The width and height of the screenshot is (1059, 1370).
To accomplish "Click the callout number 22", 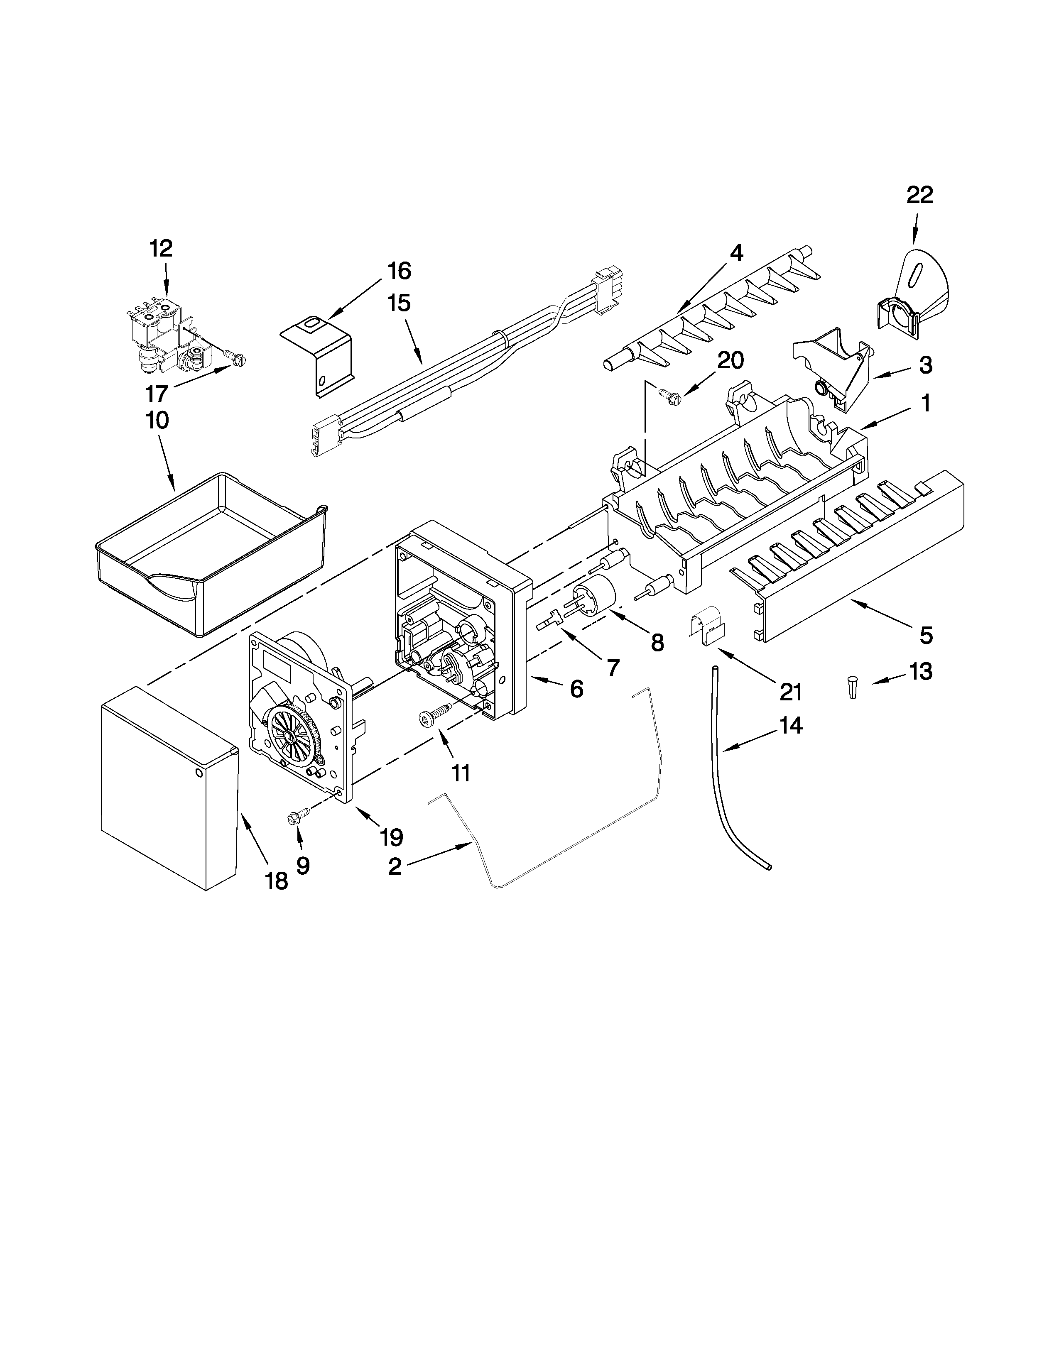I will [x=920, y=195].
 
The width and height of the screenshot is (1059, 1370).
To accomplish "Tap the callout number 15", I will [x=399, y=303].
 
